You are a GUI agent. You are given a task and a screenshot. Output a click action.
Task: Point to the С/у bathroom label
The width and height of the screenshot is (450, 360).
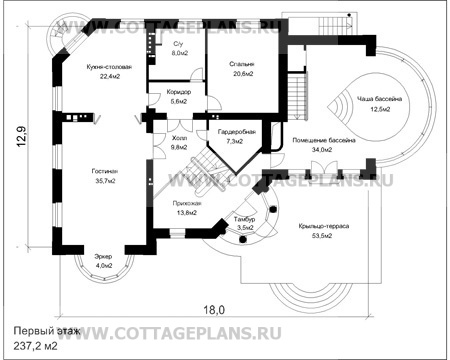178,45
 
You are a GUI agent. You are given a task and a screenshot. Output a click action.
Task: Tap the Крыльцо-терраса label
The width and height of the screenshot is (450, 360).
323,227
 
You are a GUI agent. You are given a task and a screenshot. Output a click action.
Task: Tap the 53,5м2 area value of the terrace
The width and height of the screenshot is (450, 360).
323,236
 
